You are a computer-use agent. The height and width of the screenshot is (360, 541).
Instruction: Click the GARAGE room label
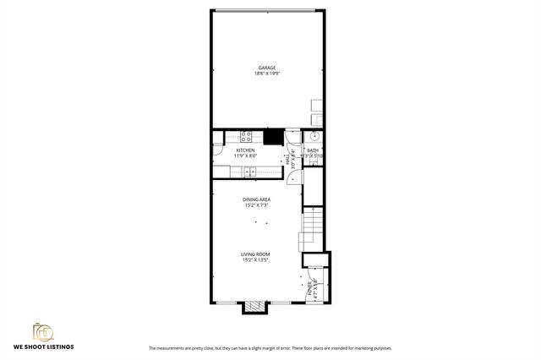click(267, 68)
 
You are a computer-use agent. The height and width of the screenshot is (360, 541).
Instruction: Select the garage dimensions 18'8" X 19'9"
click(267, 74)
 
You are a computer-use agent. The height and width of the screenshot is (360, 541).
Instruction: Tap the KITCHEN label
click(245, 150)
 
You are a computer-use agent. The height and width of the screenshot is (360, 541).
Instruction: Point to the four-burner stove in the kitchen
click(248, 135)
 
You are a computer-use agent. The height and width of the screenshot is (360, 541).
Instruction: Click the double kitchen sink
click(251, 172)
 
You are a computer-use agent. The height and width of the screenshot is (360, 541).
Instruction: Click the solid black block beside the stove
click(273, 135)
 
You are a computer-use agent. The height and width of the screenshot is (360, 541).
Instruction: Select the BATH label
click(313, 150)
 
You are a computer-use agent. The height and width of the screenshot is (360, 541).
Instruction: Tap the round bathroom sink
click(314, 135)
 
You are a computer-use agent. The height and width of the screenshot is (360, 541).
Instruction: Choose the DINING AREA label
click(257, 199)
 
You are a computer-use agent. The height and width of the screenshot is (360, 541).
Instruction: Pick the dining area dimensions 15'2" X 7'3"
click(257, 205)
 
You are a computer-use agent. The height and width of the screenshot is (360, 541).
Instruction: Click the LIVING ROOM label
click(255, 254)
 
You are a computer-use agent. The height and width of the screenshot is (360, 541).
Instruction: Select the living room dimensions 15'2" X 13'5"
click(255, 259)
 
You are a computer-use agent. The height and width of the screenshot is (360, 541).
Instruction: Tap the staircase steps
click(312, 224)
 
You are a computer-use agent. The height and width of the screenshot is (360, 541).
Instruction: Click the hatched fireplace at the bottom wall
click(255, 307)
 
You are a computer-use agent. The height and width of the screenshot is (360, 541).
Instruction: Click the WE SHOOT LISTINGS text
click(43, 347)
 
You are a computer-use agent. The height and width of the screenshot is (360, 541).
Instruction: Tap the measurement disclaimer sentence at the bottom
click(270, 348)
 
